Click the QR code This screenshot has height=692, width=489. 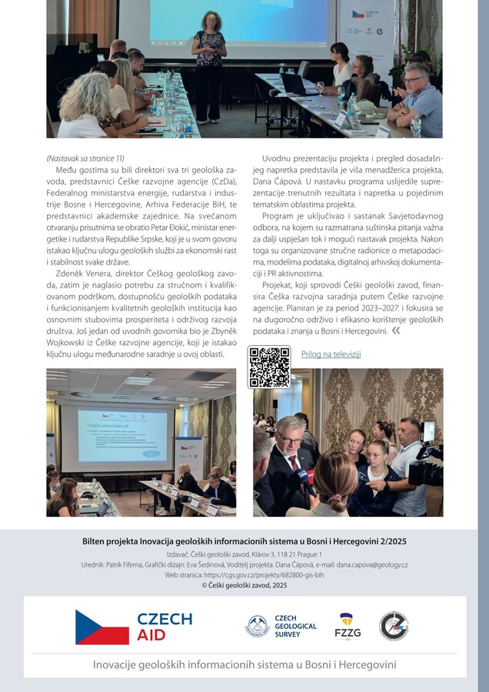pyautogui.click(x=268, y=367)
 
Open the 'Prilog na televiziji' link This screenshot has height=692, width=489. pyautogui.click(x=331, y=354)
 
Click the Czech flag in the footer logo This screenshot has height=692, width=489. pyautogui.click(x=102, y=627)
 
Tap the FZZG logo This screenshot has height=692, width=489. pyautogui.click(x=348, y=626)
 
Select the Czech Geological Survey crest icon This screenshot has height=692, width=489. pyautogui.click(x=257, y=626)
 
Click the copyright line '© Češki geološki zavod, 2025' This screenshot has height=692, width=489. pyautogui.click(x=244, y=585)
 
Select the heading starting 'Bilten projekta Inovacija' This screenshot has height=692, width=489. pyautogui.click(x=244, y=541)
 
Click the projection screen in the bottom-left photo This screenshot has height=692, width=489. pyautogui.click(x=112, y=435)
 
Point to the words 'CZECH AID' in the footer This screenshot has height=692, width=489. pyautogui.click(x=165, y=627)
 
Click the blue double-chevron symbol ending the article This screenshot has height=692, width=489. pyautogui.click(x=395, y=330)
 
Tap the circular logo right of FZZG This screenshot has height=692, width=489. pyautogui.click(x=393, y=626)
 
